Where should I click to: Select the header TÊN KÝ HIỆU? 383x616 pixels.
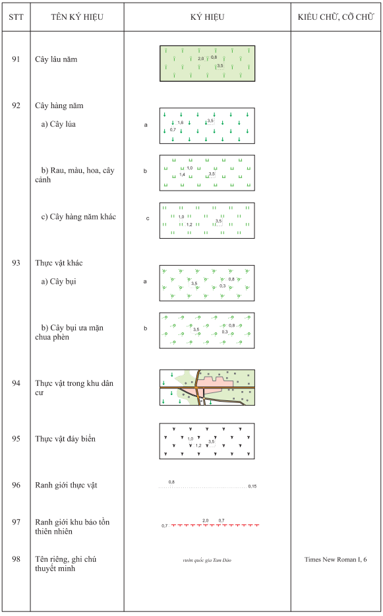(76, 17)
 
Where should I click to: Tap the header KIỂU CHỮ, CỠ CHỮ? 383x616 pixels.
(336, 17)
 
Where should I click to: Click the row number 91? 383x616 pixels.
(16, 59)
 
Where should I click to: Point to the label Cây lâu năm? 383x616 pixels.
(56, 59)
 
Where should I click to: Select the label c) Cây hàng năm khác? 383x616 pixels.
(78, 216)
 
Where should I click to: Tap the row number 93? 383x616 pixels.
(16, 262)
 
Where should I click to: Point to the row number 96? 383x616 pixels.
(16, 485)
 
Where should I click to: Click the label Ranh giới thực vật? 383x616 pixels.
(67, 485)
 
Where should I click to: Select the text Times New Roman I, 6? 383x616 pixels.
(336, 560)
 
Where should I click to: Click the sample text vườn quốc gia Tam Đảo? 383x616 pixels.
(207, 561)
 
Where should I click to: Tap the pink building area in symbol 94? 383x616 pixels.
(214, 381)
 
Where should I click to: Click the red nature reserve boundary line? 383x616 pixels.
(214, 526)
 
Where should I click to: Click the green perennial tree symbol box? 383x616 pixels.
(207, 63)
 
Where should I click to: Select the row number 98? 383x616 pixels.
(16, 559)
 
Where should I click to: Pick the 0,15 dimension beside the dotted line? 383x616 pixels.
(252, 486)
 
